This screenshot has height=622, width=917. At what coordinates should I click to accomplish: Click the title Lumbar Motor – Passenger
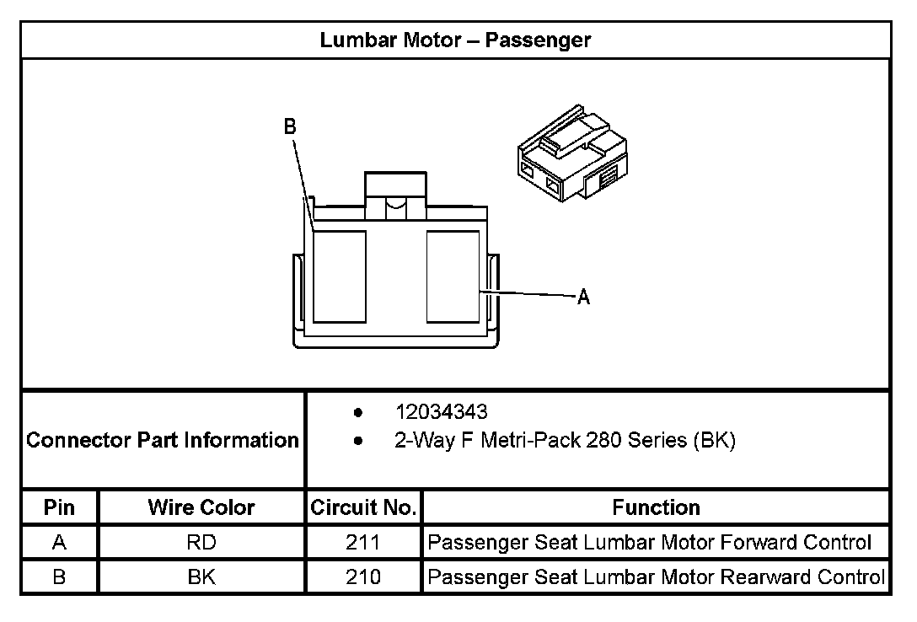click(x=455, y=40)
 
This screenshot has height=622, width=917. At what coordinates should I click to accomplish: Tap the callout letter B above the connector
click(x=290, y=126)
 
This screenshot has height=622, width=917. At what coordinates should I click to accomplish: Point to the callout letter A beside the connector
click(x=583, y=297)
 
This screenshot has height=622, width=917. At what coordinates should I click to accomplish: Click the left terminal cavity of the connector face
click(x=339, y=276)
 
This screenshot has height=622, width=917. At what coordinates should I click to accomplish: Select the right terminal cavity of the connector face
click(x=453, y=276)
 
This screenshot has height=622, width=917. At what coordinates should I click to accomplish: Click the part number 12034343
click(x=442, y=413)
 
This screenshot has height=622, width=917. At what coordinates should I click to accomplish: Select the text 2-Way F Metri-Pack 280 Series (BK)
click(x=565, y=440)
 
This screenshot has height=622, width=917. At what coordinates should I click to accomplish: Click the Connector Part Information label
click(x=163, y=440)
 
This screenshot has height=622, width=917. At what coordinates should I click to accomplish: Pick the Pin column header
click(x=59, y=507)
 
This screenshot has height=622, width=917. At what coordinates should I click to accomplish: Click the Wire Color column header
click(x=201, y=507)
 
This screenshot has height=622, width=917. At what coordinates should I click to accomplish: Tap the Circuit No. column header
click(x=363, y=507)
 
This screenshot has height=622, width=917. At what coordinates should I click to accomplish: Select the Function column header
click(x=656, y=507)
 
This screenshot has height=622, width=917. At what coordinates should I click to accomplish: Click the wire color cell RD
click(x=201, y=543)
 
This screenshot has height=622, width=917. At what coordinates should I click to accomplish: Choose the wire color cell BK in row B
click(x=201, y=577)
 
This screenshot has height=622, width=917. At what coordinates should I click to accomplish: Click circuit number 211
click(x=363, y=543)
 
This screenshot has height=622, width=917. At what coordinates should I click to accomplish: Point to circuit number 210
click(x=363, y=577)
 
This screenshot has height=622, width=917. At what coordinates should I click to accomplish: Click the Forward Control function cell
click(x=650, y=543)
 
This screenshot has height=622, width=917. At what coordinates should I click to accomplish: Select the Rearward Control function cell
click(x=657, y=577)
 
